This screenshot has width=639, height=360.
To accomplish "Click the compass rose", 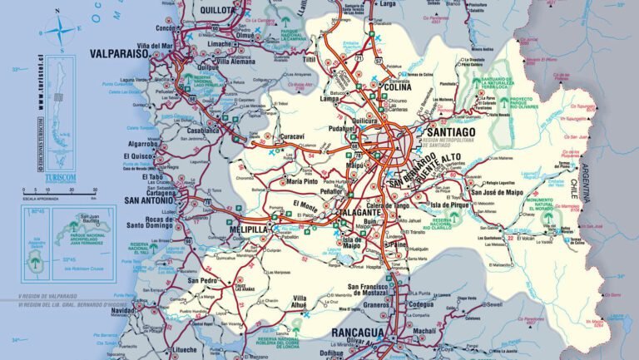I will point(57,32).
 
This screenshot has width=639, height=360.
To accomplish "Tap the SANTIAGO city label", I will point(449,132).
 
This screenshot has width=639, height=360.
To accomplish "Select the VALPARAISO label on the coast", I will point(118,52).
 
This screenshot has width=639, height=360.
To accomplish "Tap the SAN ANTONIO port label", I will point(149,200).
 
